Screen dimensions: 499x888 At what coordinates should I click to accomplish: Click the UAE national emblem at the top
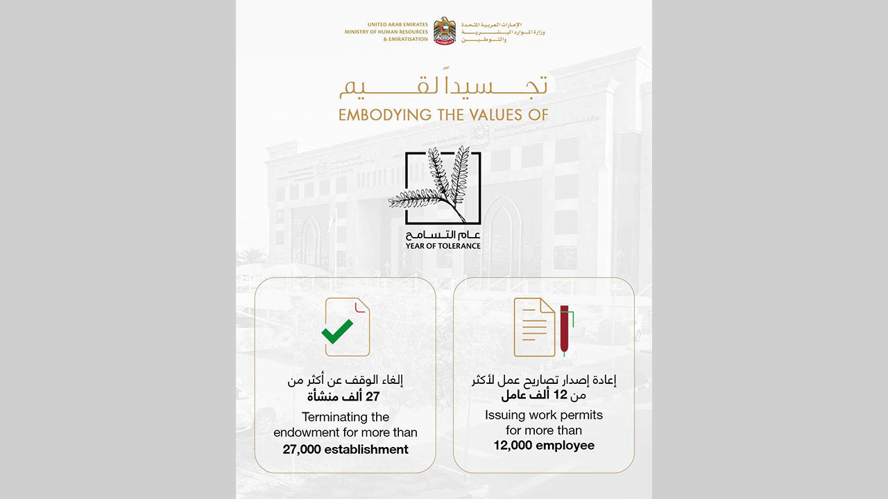(445, 31)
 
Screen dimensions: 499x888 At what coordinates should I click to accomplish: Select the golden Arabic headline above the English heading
(443, 87)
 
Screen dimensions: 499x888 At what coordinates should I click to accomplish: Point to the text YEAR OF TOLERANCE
(443, 245)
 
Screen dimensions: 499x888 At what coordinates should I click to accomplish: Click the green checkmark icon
(337, 331)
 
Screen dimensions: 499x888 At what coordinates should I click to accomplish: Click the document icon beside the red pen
(534, 326)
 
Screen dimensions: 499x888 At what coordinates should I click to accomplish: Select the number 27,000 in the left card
(302, 449)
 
